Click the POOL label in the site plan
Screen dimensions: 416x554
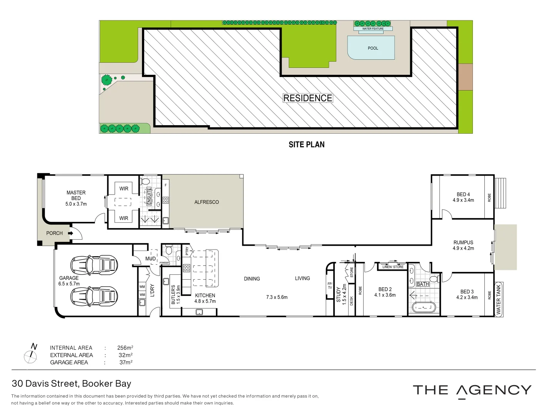[x=373, y=48]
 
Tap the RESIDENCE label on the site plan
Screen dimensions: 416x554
[x=308, y=98]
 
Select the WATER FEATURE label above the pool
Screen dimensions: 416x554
[x=373, y=29]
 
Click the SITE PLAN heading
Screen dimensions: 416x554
[x=307, y=144]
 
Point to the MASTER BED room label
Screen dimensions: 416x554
[x=76, y=195]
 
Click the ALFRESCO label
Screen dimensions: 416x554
[x=207, y=202]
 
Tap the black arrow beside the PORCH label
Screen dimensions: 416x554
[x=71, y=233]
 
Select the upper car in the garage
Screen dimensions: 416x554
[x=94, y=265]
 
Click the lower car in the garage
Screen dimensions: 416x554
[x=94, y=296]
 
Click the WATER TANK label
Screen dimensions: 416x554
[x=499, y=299]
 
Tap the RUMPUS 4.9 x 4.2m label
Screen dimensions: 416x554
[x=463, y=245]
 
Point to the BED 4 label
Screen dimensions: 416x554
[x=463, y=197]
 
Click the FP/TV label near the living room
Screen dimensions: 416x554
[x=330, y=286]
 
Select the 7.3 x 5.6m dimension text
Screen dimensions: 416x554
[x=277, y=297]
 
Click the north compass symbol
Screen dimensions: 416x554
[x=31, y=356]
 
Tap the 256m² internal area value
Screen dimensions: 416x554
[x=125, y=348]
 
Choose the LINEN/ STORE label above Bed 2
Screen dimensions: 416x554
[x=393, y=267]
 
